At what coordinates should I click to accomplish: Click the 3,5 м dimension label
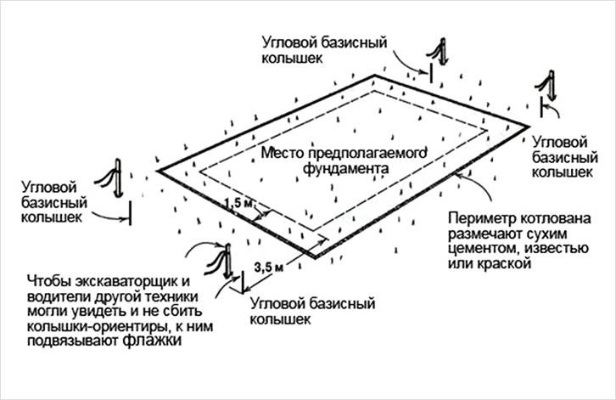pyautogui.click(x=269, y=268)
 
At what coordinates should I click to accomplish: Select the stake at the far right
pyautogui.click(x=547, y=87)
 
